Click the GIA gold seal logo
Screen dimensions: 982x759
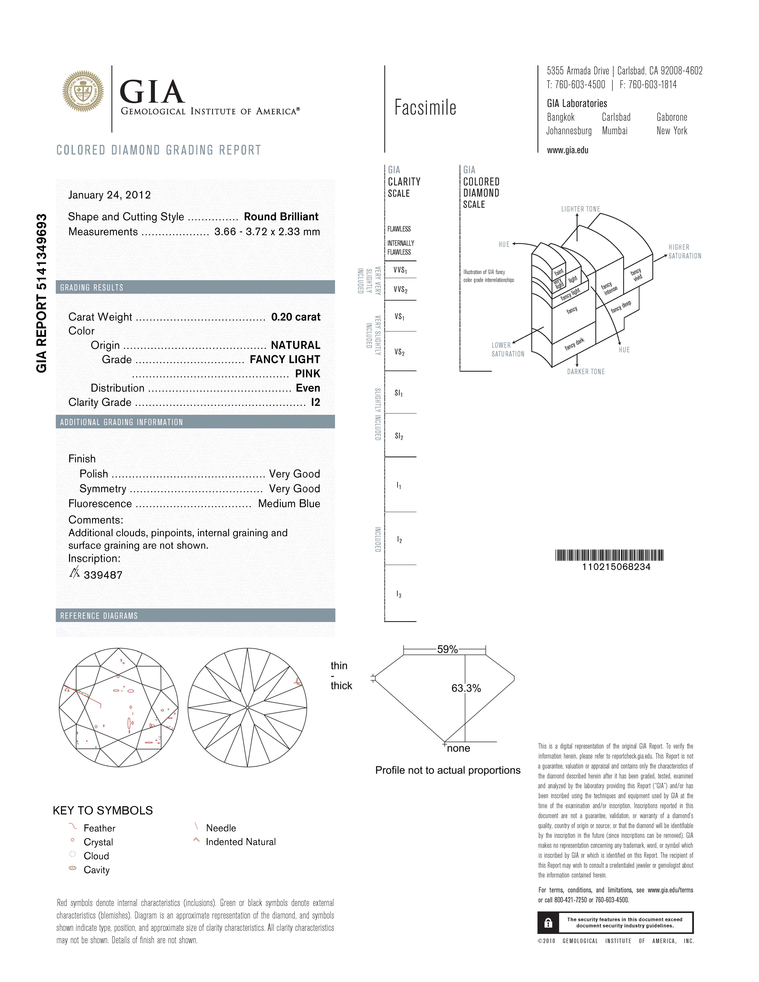tap(83, 91)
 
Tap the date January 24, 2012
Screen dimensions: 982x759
tap(109, 195)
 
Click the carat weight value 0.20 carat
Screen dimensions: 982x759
tap(295, 317)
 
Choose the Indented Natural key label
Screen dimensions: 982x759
tap(241, 842)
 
